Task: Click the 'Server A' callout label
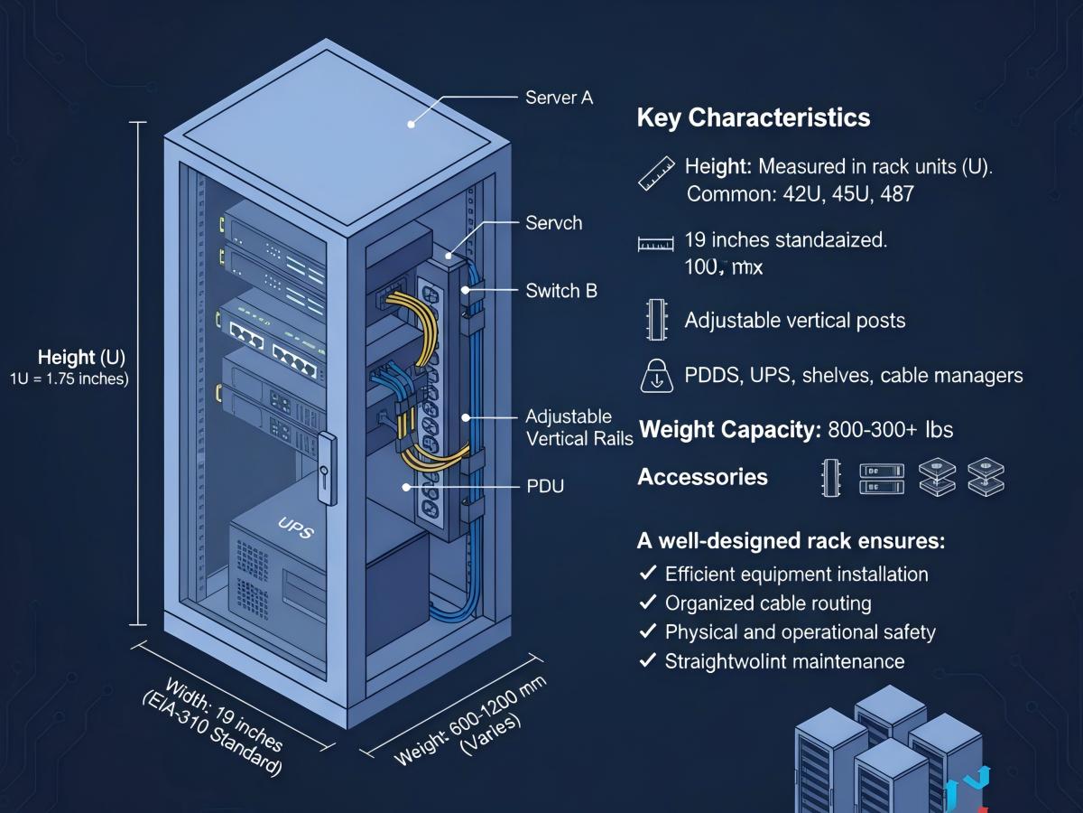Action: coord(559,98)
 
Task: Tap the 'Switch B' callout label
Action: coord(560,291)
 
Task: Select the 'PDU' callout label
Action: coord(544,487)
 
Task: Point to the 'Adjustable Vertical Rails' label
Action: coord(579,426)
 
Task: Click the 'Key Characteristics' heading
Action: coord(754,117)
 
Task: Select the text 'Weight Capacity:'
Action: coord(728,429)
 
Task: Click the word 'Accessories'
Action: coord(702,477)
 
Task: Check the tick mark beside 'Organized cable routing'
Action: coord(647,603)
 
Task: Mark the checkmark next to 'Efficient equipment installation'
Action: coord(647,574)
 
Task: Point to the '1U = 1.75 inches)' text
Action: coord(69,378)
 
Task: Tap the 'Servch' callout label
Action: coord(553,222)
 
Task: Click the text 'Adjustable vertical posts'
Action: coord(794,321)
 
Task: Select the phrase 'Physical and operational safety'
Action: coord(800,632)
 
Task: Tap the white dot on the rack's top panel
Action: coord(412,125)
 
